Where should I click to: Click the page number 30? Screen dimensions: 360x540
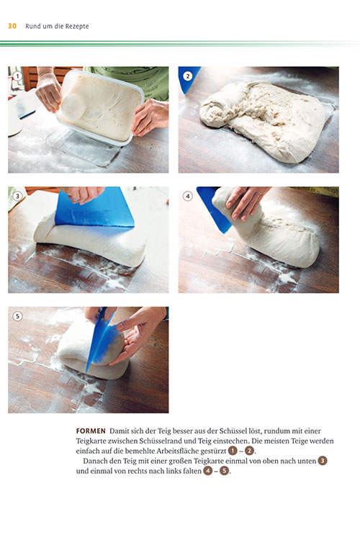point(12,26)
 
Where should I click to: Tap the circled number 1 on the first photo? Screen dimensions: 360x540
point(17,76)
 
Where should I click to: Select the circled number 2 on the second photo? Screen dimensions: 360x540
point(187,76)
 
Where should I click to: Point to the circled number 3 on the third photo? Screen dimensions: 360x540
point(17,196)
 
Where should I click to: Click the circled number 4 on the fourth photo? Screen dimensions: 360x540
point(187,196)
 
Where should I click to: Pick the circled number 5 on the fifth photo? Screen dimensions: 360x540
point(17,316)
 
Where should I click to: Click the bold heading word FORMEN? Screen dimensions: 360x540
point(91,431)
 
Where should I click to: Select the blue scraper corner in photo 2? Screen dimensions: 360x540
point(187,79)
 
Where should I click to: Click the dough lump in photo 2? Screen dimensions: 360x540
point(263,120)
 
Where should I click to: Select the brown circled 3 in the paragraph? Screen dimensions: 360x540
point(323,461)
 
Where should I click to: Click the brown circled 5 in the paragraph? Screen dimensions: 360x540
point(225,471)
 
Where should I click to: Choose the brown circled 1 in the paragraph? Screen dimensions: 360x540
point(233,451)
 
